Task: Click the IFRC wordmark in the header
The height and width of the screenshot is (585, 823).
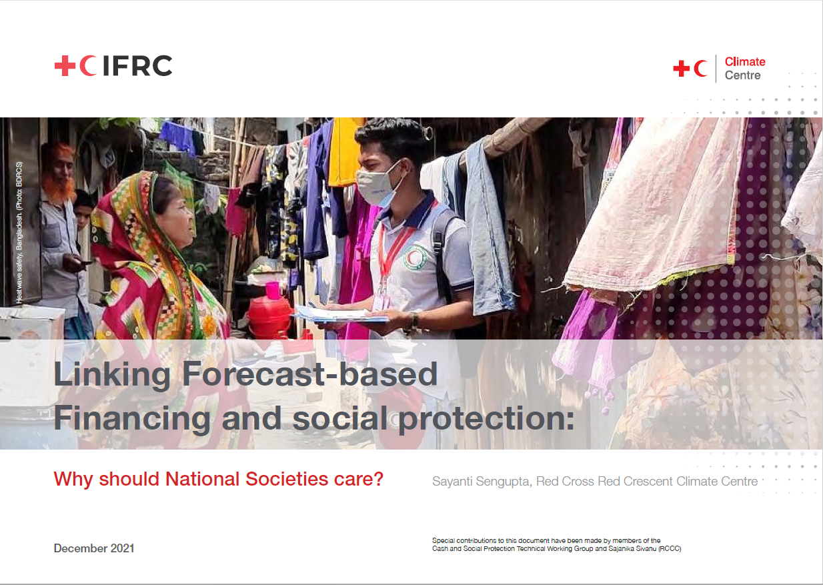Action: (x=137, y=65)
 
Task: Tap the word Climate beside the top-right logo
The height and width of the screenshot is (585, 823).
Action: (x=745, y=62)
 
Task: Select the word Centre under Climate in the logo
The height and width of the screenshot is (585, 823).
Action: (x=742, y=75)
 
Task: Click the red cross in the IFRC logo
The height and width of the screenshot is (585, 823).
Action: (x=65, y=65)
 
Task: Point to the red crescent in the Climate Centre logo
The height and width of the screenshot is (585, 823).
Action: (x=700, y=68)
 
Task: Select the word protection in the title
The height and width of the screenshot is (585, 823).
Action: (x=485, y=418)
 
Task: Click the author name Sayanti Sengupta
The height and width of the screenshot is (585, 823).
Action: (x=480, y=482)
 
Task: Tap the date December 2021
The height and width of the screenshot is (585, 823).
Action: (x=94, y=548)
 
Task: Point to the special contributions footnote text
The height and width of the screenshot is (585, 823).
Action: (x=556, y=544)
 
